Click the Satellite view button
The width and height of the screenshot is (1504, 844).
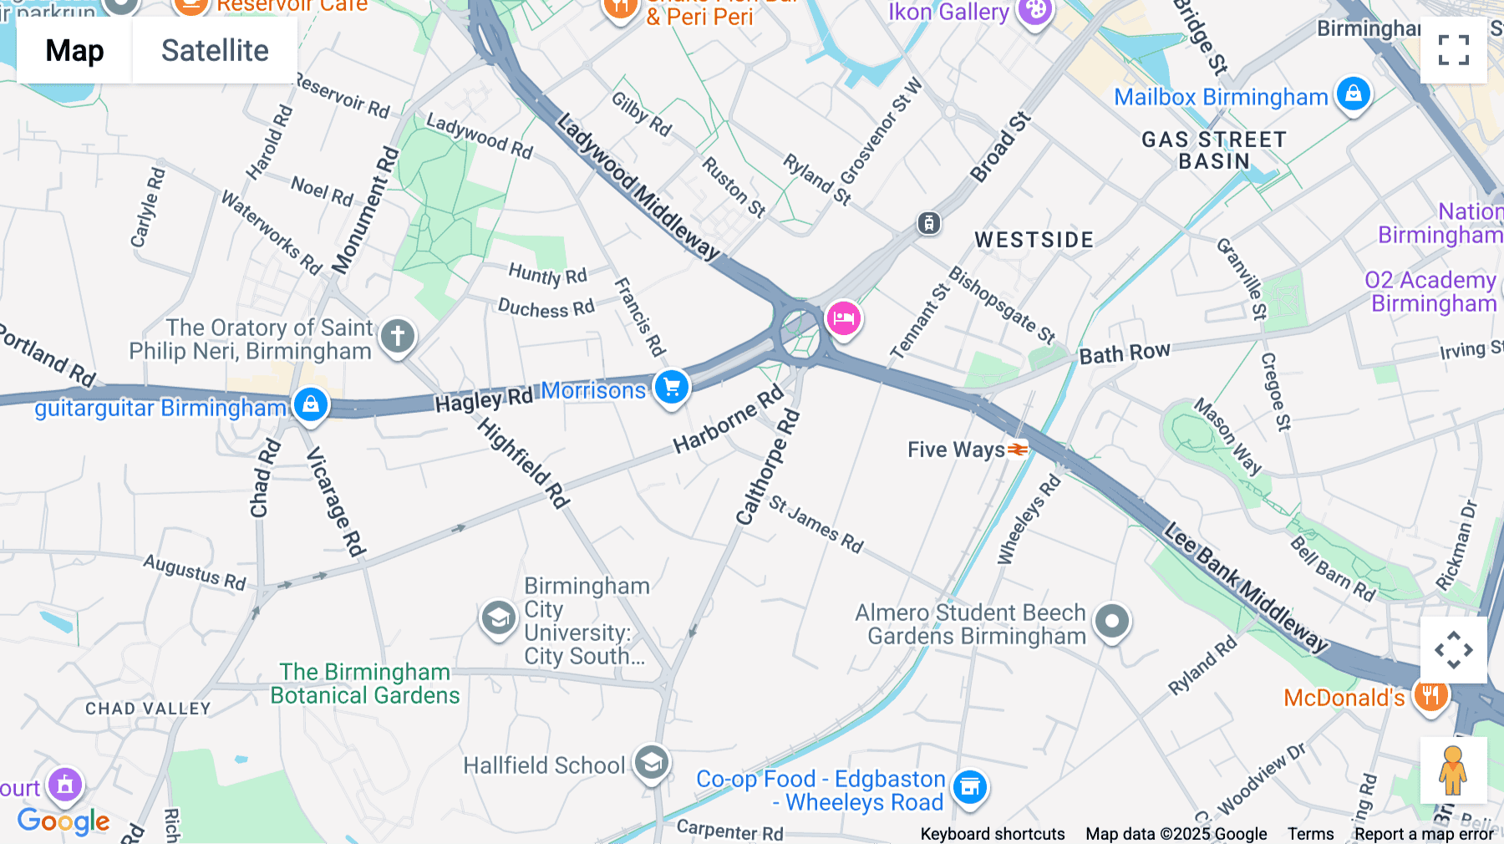pyautogui.click(x=215, y=50)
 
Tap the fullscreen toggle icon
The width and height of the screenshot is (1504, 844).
pyautogui.click(x=1453, y=50)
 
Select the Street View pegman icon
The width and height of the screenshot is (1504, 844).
pyautogui.click(x=1453, y=770)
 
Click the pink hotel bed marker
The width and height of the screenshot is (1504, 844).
pyautogui.click(x=843, y=318)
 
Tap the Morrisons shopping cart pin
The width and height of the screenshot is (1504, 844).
pyautogui.click(x=672, y=387)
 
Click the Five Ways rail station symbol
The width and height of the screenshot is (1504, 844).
pyautogui.click(x=1017, y=450)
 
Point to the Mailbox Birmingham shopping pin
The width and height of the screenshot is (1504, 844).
pyautogui.click(x=1353, y=94)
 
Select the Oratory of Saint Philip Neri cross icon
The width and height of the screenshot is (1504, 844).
pyautogui.click(x=398, y=337)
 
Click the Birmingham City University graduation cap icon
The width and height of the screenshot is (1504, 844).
pyautogui.click(x=498, y=619)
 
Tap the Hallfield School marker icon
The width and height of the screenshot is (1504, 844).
pyautogui.click(x=651, y=762)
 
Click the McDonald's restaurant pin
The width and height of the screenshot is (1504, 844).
pyautogui.click(x=1430, y=695)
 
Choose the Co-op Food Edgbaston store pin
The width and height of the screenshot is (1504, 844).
pyautogui.click(x=969, y=786)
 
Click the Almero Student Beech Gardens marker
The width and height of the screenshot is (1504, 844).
pyautogui.click(x=1112, y=622)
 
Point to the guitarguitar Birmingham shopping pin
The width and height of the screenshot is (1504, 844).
pyautogui.click(x=310, y=404)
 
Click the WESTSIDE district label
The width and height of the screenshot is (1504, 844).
pyautogui.click(x=1034, y=241)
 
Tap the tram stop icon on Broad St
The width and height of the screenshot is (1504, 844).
pyautogui.click(x=928, y=223)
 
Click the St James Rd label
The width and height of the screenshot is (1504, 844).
pyautogui.click(x=816, y=524)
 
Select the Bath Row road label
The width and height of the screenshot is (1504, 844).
pyautogui.click(x=1124, y=353)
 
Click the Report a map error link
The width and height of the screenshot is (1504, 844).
pyautogui.click(x=1424, y=833)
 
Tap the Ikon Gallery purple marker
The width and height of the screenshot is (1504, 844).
pyautogui.click(x=1035, y=11)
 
